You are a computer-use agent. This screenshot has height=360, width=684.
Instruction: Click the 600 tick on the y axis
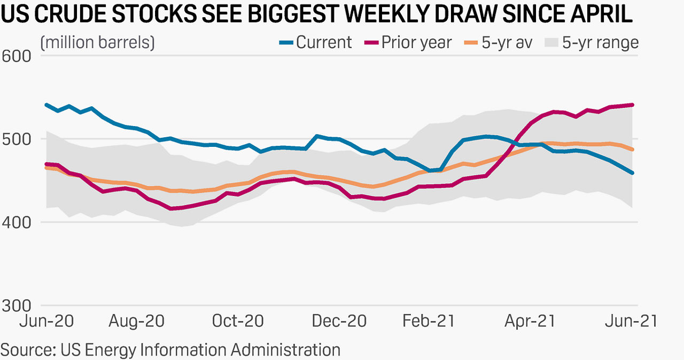[16, 56]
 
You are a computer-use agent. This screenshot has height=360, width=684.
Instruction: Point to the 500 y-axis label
[16, 139]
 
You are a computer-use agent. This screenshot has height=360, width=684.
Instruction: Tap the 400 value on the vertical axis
[16, 222]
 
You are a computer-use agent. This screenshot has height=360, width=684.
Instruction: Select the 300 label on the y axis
[16, 305]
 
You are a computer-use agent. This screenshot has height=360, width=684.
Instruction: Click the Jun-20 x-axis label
[47, 321]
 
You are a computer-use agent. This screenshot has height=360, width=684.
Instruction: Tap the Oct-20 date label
[238, 321]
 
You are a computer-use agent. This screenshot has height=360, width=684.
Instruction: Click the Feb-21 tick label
[429, 321]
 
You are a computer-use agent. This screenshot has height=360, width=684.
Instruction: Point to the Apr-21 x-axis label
[530, 321]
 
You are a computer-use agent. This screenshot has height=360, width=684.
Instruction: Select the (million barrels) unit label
[97, 43]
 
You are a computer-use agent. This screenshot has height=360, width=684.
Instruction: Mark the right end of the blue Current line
[633, 173]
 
